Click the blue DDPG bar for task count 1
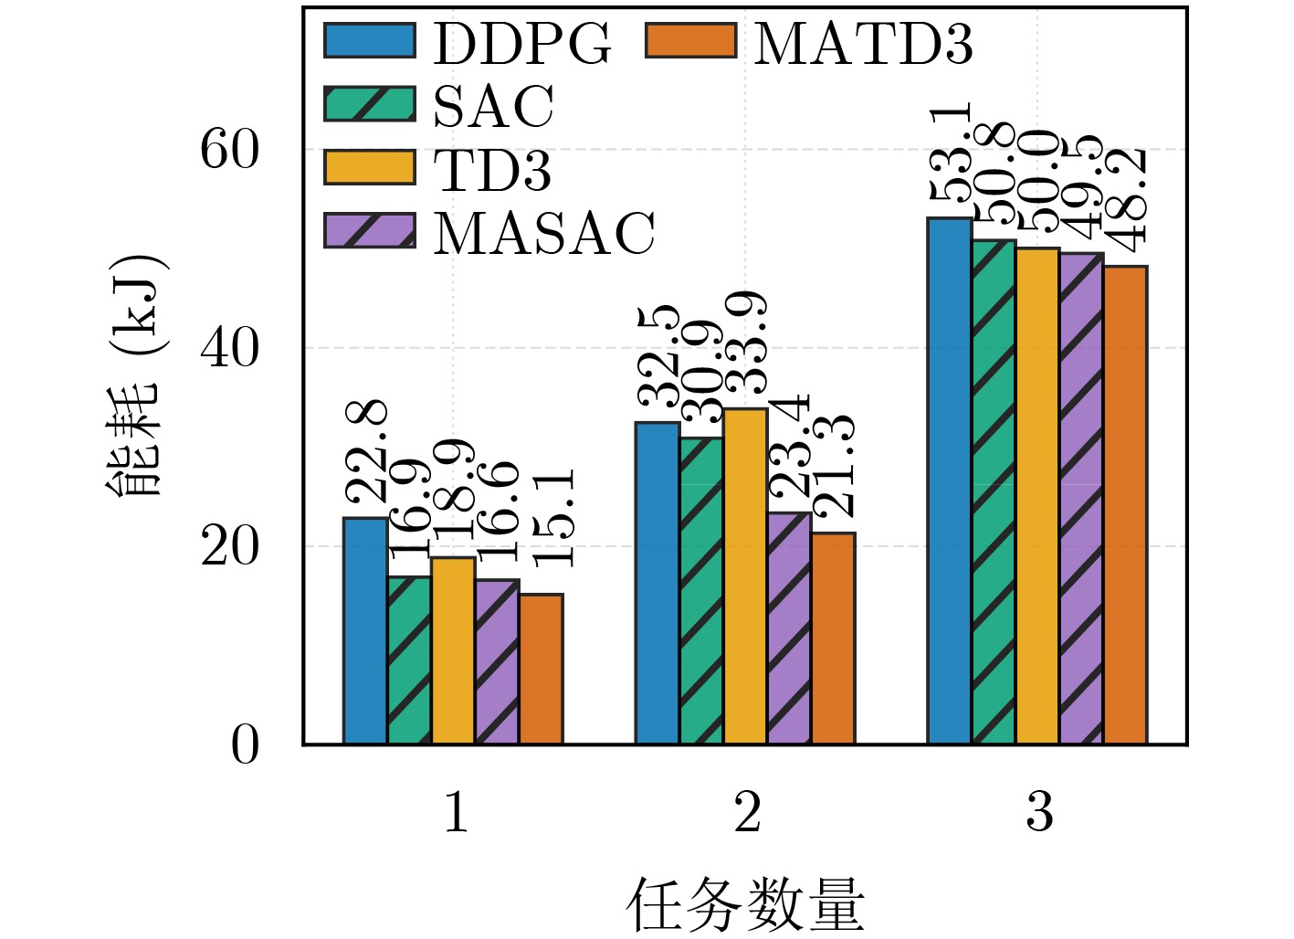[x=365, y=630]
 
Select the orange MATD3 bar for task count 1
[x=542, y=669]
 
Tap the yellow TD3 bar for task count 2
[x=746, y=575]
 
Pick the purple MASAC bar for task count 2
[x=790, y=628]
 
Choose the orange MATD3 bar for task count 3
[x=1125, y=504]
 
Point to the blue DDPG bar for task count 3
[x=950, y=480]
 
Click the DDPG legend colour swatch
[x=370, y=41]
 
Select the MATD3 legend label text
[x=863, y=43]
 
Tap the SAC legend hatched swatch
[x=370, y=104]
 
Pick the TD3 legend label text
[x=493, y=169]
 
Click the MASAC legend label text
[x=544, y=233]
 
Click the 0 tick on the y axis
[x=245, y=745]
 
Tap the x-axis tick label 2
[x=747, y=811]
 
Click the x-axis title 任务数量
[x=745, y=904]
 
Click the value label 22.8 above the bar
[x=367, y=451]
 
